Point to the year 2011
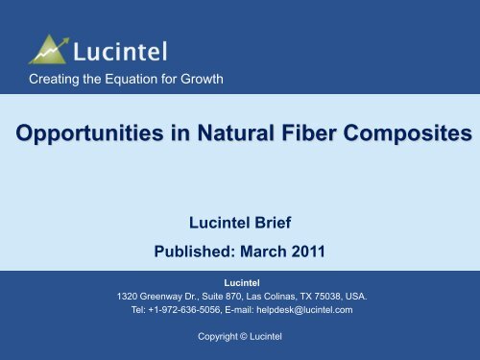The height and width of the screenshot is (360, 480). (326, 255)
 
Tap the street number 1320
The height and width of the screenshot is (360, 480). (129, 297)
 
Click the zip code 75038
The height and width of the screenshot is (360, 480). (348, 297)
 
